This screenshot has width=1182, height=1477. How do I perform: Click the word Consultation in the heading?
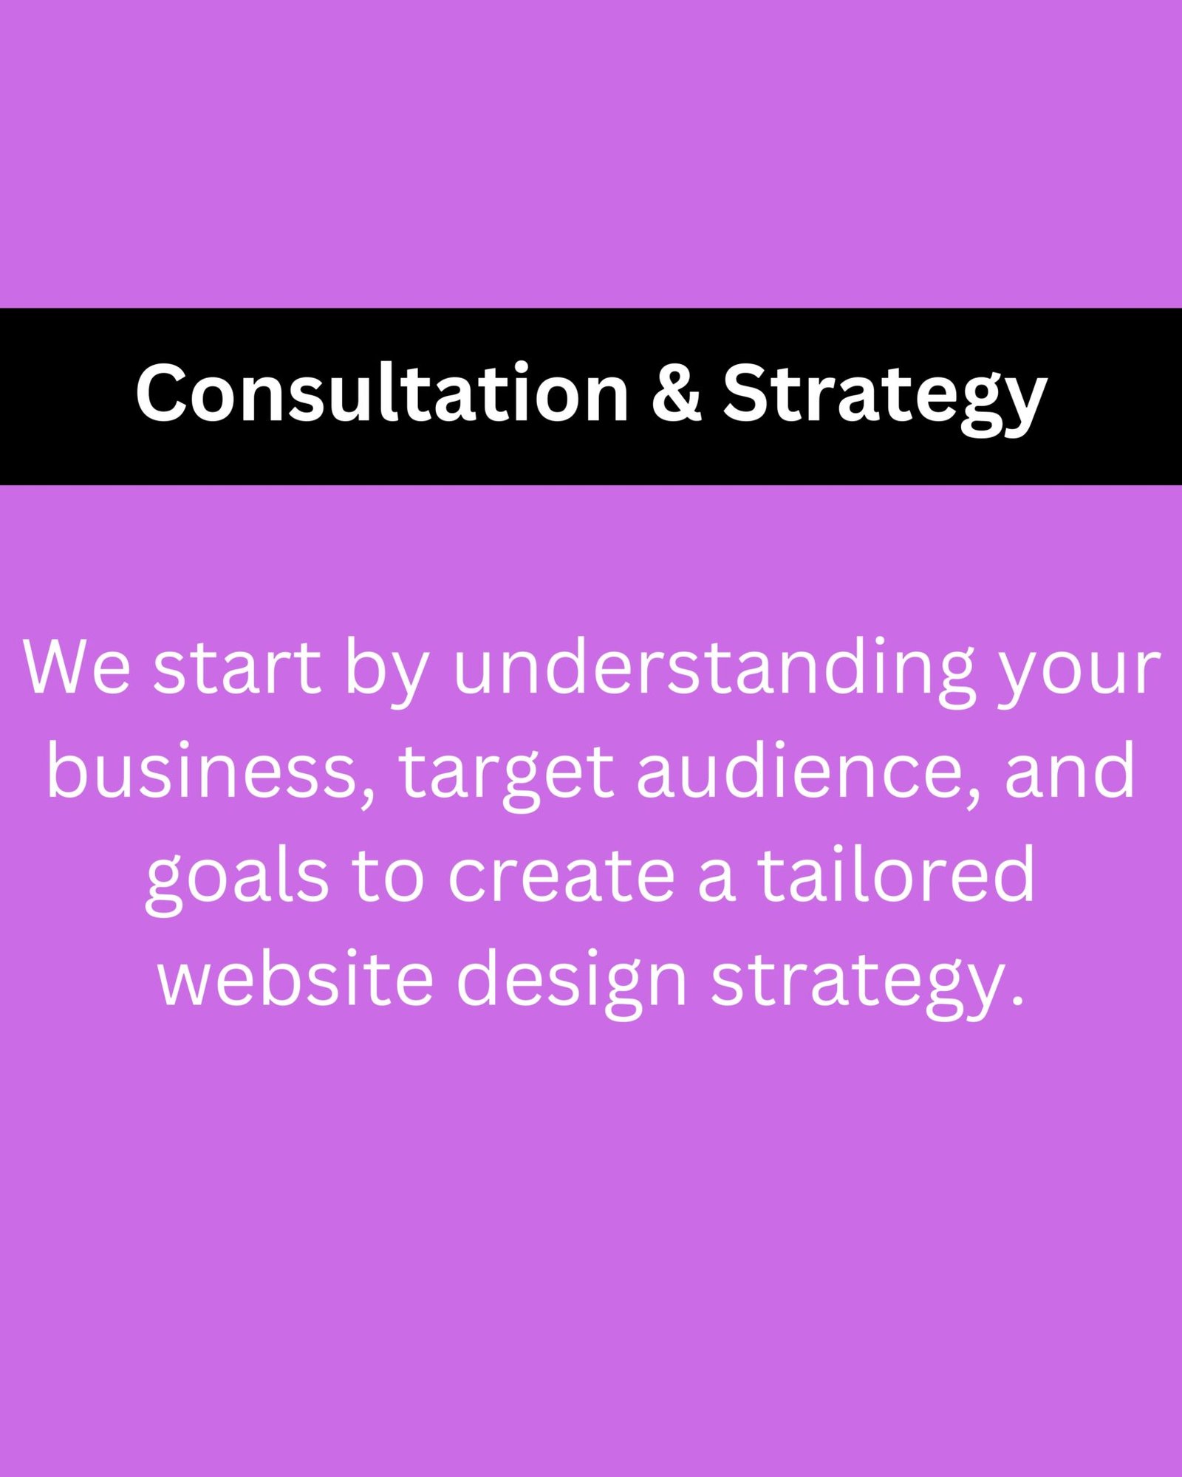pos(381,393)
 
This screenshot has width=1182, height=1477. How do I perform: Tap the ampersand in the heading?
pos(675,393)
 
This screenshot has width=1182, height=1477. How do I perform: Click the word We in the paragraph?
pos(77,668)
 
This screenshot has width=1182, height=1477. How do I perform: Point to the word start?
pos(237,668)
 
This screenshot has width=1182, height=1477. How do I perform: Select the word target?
pos(506,775)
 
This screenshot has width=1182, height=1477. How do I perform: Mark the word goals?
pos(237,879)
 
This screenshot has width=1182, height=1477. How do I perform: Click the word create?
pos(561,876)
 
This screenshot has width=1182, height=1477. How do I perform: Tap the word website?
pos(295,978)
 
